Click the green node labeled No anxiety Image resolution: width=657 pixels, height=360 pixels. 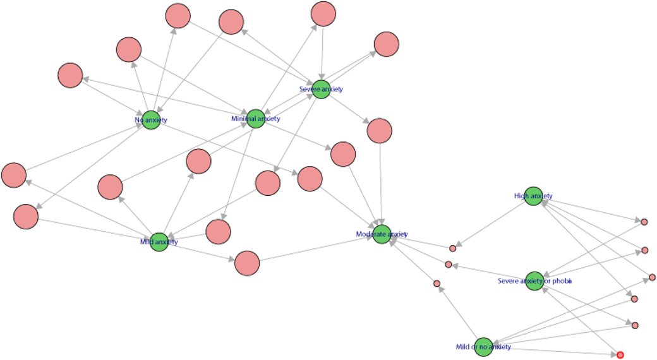pyautogui.click(x=150, y=119)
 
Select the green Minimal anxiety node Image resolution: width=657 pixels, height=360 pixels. pyautogui.click(x=255, y=118)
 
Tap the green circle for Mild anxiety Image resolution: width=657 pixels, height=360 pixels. pyautogui.click(x=159, y=241)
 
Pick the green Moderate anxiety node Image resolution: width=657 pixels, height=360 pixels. pyautogui.click(x=382, y=234)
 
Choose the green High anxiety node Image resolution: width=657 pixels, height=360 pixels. pyautogui.click(x=533, y=196)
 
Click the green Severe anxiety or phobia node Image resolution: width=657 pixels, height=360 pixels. pyautogui.click(x=534, y=281)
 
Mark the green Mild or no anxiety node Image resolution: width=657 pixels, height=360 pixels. pyautogui.click(x=483, y=347)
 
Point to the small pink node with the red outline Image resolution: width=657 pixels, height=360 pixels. pyautogui.click(x=620, y=355)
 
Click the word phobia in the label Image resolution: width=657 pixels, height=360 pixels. pyautogui.click(x=560, y=281)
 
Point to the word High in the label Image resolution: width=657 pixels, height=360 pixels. pyautogui.click(x=521, y=196)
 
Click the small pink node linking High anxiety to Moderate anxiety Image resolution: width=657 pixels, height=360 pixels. pyautogui.click(x=452, y=249)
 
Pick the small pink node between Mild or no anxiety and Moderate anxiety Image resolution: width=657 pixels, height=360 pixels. pyautogui.click(x=437, y=284)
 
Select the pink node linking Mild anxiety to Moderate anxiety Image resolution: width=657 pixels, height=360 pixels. pyautogui.click(x=247, y=263)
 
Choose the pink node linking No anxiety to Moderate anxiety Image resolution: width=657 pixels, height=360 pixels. pyautogui.click(x=310, y=179)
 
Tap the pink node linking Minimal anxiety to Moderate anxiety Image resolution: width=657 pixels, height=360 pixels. pyautogui.click(x=343, y=154)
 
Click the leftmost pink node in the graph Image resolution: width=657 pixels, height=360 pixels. pyautogui.click(x=14, y=175)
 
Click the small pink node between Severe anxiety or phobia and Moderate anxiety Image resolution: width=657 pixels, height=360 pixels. pyautogui.click(x=449, y=264)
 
